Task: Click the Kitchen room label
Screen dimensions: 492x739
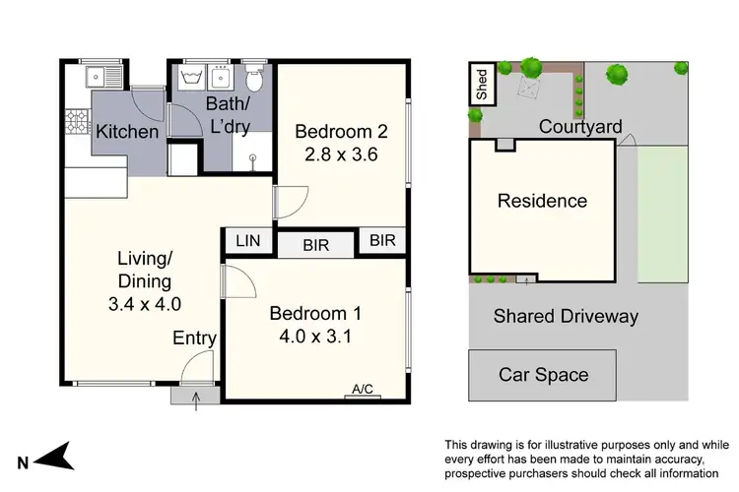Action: pyautogui.click(x=127, y=132)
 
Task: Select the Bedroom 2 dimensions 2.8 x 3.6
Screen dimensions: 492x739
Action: pyautogui.click(x=340, y=154)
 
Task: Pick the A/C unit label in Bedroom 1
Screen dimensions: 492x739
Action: pyautogui.click(x=364, y=390)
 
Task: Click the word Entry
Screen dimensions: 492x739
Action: pyautogui.click(x=194, y=338)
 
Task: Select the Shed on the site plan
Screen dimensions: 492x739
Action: pyautogui.click(x=482, y=85)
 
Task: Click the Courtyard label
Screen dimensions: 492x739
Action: pyautogui.click(x=580, y=127)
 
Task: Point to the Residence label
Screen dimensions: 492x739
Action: pyautogui.click(x=542, y=201)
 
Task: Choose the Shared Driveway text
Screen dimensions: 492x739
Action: pyautogui.click(x=566, y=316)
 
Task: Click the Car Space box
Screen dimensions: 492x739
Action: pyautogui.click(x=543, y=374)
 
